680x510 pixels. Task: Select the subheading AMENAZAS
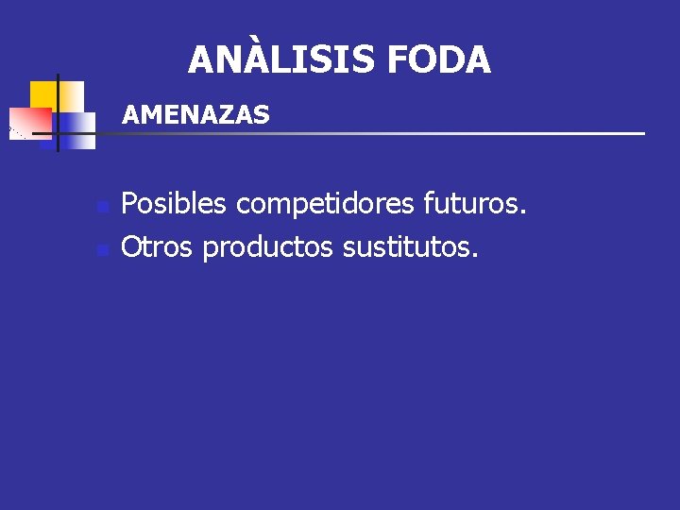(x=196, y=115)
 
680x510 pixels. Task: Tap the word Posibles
(x=176, y=203)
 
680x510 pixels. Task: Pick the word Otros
(x=158, y=247)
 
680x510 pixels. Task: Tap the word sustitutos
(x=411, y=247)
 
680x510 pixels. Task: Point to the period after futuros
(x=523, y=212)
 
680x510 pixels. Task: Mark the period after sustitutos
(x=476, y=257)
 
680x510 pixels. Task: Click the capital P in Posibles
(x=130, y=203)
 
